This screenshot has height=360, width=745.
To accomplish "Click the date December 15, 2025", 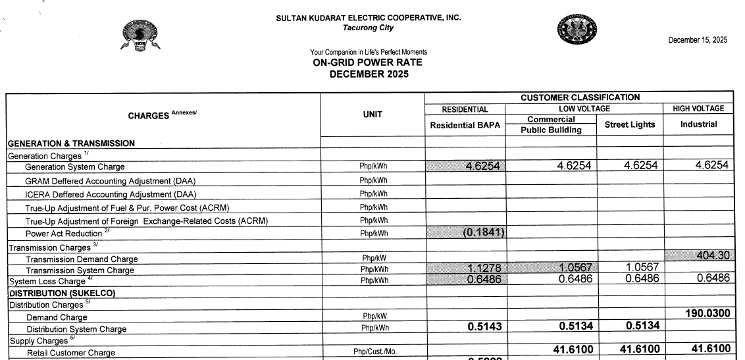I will pyautogui.click(x=698, y=40).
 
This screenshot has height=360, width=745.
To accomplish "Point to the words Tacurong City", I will pyautogui.click(x=369, y=27).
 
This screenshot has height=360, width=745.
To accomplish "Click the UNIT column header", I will pyautogui.click(x=372, y=114).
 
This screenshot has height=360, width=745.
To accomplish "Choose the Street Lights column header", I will pyautogui.click(x=630, y=124).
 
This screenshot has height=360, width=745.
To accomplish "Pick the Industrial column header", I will pyautogui.click(x=698, y=124).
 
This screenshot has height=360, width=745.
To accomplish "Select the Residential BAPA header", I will pyautogui.click(x=465, y=124).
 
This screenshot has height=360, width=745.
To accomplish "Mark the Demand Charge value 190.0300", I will pyautogui.click(x=707, y=313).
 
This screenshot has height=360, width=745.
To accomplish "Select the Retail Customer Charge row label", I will pyautogui.click(x=71, y=353).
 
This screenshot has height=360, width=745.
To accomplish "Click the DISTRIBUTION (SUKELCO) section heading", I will pyautogui.click(x=62, y=294).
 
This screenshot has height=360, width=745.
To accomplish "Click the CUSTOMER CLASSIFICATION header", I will pyautogui.click(x=580, y=97).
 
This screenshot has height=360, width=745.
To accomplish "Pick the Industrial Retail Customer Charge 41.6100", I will pyautogui.click(x=707, y=348).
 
